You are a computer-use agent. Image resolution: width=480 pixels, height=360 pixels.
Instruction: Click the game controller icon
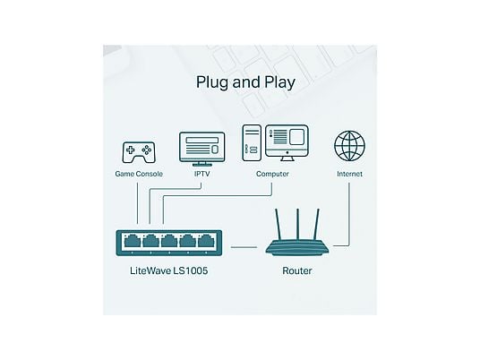coord(139,152)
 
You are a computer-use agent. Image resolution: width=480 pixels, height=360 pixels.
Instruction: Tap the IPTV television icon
coord(202,149)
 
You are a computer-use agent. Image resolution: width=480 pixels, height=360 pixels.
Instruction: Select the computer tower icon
coord(252,142)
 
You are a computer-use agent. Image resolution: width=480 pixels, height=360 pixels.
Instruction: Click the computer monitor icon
coord(287,142)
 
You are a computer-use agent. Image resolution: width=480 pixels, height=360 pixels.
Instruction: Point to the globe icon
coord(349,146)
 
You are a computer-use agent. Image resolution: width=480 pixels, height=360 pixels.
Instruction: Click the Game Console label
coord(139,174)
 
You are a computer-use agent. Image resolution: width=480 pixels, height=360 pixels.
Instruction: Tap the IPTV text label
coord(202,174)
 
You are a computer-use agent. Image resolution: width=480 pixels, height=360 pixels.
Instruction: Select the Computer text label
coord(272,174)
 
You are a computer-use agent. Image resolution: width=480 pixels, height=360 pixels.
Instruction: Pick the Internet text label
coord(349,174)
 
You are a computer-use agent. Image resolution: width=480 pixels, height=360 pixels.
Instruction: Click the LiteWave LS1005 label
coord(169,270)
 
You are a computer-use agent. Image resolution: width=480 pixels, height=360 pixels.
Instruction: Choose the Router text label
coord(297,270)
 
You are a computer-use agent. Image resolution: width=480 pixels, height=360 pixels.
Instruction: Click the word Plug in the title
coord(212,82)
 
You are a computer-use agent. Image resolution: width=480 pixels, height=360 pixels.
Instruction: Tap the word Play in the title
coord(279,82)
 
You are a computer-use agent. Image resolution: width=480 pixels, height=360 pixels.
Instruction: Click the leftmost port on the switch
coord(133,241)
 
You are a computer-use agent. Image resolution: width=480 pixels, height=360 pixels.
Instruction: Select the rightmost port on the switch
coord(206,241)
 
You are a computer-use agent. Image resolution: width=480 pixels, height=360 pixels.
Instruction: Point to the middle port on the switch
coord(169,241)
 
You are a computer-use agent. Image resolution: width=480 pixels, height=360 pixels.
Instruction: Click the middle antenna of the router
coord(297,225)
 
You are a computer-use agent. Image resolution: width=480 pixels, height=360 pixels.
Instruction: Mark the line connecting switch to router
coord(244,247)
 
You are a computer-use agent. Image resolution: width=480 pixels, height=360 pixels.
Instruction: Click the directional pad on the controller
coord(131,150)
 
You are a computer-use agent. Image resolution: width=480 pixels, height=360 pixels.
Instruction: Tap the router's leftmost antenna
coord(279,225)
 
